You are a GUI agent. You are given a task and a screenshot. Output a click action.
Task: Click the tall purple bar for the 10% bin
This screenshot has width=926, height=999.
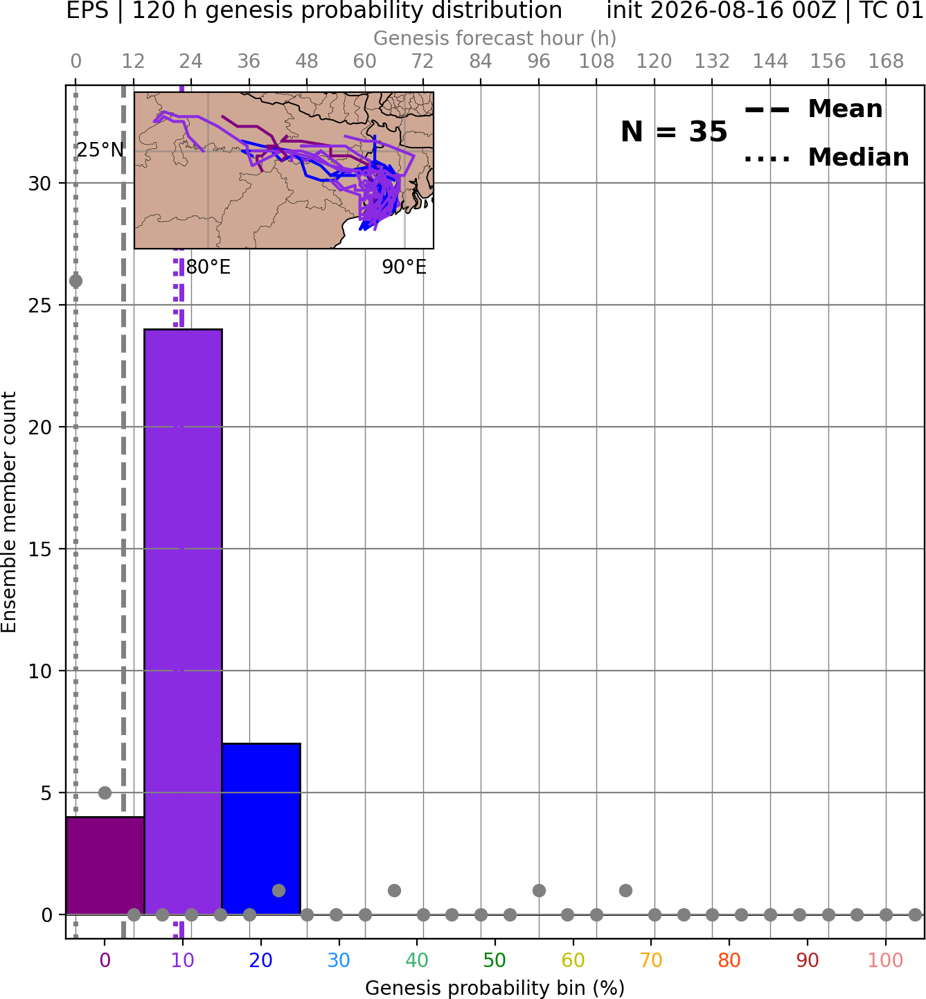click(x=183, y=621)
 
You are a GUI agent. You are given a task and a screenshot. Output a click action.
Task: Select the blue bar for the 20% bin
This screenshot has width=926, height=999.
click(x=261, y=829)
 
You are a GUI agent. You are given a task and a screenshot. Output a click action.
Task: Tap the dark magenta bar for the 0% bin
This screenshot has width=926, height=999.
click(x=105, y=865)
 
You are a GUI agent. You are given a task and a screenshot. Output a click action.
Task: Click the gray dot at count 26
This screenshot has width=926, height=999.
click(x=75, y=281)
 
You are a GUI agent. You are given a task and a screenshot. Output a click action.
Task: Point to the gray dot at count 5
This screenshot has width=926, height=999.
click(x=105, y=793)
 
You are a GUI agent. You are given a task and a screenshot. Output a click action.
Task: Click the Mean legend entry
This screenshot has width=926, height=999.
click(x=813, y=109)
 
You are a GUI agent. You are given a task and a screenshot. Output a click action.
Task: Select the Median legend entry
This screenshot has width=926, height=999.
click(x=827, y=157)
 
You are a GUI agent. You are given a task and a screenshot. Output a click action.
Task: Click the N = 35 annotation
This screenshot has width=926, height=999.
click(x=674, y=132)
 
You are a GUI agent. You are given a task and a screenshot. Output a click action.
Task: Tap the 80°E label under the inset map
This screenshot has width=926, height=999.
click(x=208, y=267)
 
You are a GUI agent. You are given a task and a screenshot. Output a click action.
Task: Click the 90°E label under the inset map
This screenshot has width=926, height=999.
click(x=404, y=267)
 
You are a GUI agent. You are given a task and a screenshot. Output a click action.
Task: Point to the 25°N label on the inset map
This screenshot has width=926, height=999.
click(x=100, y=150)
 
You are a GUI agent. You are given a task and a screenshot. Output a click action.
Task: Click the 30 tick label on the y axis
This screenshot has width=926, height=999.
click(x=39, y=184)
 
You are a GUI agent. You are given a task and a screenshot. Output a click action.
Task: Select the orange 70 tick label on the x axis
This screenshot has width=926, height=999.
click(x=651, y=960)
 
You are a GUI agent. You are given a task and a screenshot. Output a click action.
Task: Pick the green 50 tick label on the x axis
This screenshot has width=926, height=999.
click(x=495, y=960)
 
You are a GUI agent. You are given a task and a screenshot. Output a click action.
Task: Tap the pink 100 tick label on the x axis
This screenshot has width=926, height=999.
click(x=886, y=960)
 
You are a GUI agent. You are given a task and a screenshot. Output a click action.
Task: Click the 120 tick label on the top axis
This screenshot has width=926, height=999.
click(x=654, y=62)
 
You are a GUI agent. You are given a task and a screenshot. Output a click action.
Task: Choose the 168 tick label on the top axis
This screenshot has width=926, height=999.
click(x=886, y=62)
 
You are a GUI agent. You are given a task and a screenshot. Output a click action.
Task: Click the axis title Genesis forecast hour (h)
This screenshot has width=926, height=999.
click(x=495, y=38)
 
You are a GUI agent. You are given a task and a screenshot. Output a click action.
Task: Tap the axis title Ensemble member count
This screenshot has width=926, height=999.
click(x=8, y=512)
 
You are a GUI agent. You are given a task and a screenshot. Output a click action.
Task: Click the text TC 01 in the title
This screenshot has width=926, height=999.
click(x=891, y=10)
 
